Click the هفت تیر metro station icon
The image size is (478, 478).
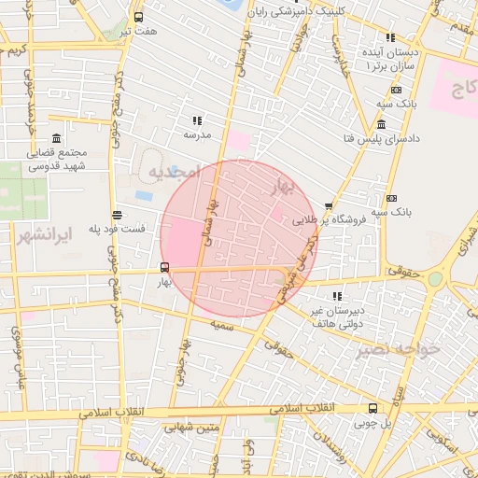(139, 17)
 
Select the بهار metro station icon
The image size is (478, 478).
(165, 267)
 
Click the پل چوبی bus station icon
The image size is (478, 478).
(373, 408)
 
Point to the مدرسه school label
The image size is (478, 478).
(197, 135)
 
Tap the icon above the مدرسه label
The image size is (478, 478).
(197, 120)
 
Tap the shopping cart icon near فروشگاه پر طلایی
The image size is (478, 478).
(329, 207)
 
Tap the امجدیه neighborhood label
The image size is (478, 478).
(174, 172)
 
